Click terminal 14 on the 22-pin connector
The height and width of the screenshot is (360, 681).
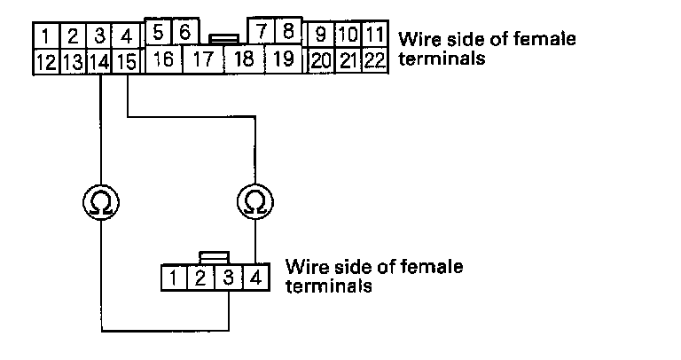tap(101, 61)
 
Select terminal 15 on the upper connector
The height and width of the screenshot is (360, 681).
tap(128, 61)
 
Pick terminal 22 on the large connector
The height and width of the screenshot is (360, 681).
tap(376, 61)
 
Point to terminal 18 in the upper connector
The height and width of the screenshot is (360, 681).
tap(243, 60)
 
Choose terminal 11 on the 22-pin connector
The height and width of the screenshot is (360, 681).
tap(376, 36)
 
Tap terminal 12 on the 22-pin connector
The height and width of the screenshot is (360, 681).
tap(44, 61)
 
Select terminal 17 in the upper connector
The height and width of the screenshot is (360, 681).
tap(203, 60)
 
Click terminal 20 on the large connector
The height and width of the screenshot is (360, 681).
tap(321, 61)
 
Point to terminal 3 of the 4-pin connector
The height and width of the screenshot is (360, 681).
tap(228, 278)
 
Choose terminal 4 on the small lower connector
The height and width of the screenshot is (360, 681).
tap(254, 278)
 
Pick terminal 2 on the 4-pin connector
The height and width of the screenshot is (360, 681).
tap(201, 278)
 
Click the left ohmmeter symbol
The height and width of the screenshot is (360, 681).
tap(102, 202)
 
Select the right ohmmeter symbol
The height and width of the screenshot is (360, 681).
tap(255, 202)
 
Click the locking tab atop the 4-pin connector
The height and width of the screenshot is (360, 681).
tap(214, 257)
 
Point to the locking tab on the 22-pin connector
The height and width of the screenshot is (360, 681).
tap(222, 39)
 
